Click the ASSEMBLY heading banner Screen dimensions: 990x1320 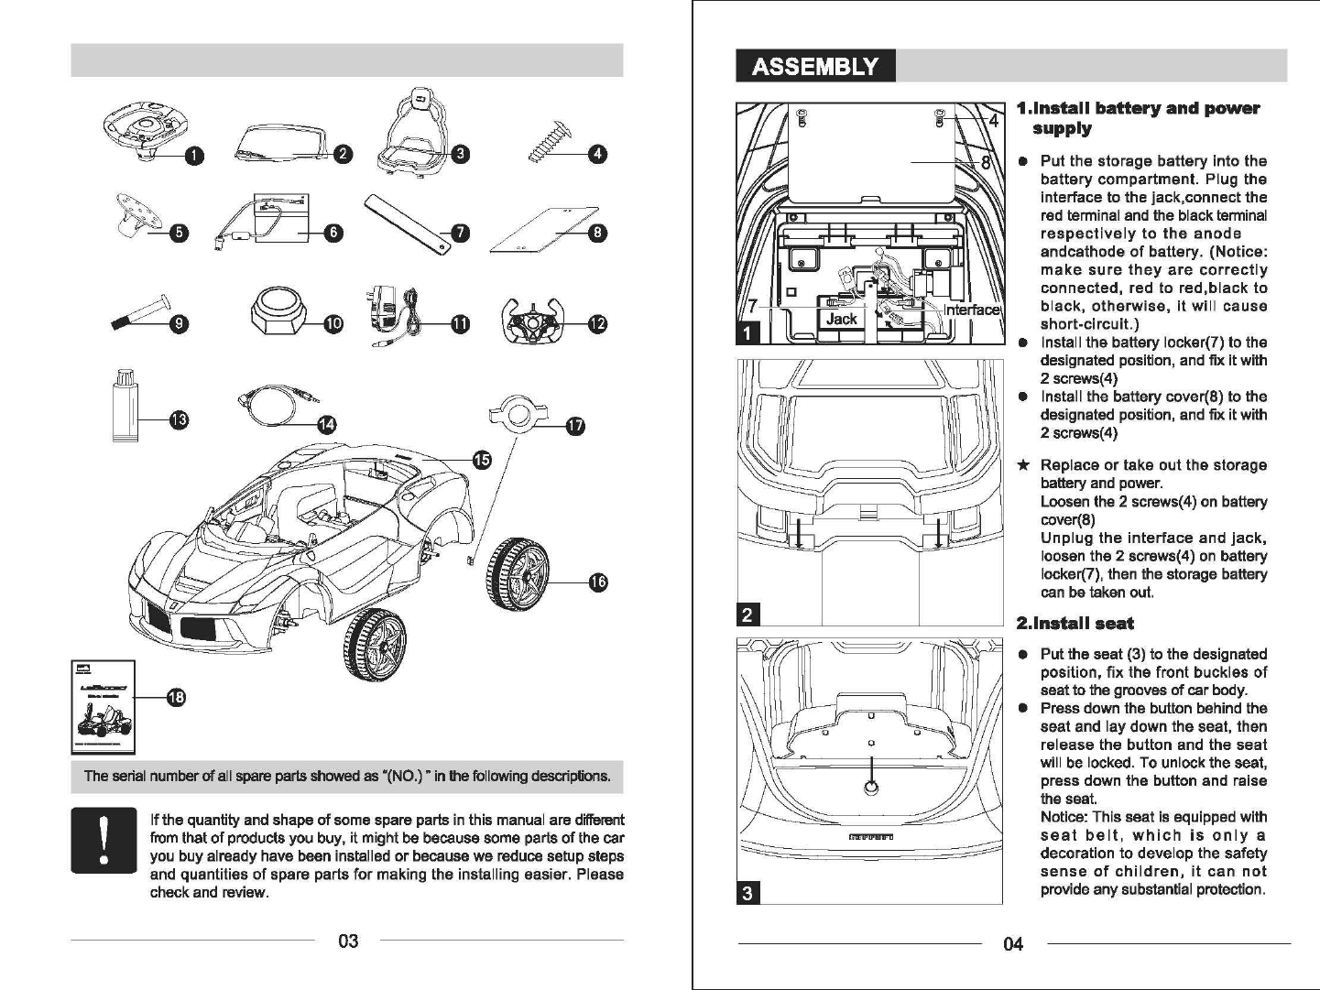pyautogui.click(x=814, y=67)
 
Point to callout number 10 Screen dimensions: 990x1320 pyautogui.click(x=333, y=323)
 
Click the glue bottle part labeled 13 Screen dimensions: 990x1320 pyautogui.click(x=125, y=406)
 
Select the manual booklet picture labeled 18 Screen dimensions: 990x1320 pyautogui.click(x=103, y=703)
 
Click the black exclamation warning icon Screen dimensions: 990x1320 pyautogui.click(x=104, y=840)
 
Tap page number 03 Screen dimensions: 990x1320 pyautogui.click(x=348, y=941)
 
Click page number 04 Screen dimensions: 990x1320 pyautogui.click(x=1013, y=943)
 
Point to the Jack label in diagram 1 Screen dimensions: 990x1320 pyautogui.click(x=842, y=319)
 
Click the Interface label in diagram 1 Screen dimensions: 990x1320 pyautogui.click(x=971, y=310)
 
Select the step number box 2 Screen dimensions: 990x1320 pyautogui.click(x=747, y=615)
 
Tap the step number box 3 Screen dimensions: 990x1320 pyautogui.click(x=747, y=893)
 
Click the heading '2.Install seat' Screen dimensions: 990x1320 pyautogui.click(x=1075, y=624)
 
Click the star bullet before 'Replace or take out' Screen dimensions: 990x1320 pyautogui.click(x=1025, y=465)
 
